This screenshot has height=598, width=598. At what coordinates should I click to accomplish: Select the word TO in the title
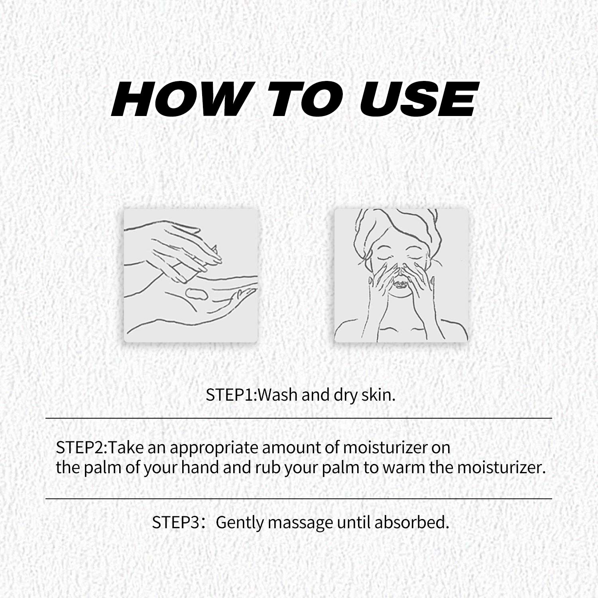305,99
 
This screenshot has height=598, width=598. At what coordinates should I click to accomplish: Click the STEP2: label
82,448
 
